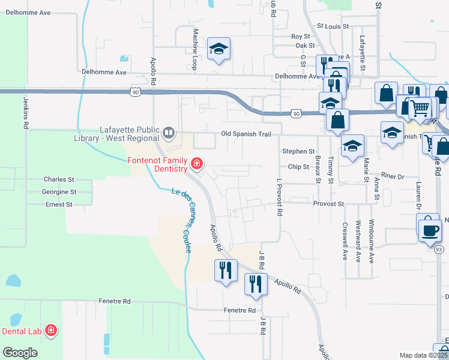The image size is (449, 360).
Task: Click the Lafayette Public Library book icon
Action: click(169, 132)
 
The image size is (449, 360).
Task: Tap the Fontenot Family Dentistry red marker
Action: click(196, 163)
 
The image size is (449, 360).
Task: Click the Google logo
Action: click(20, 353)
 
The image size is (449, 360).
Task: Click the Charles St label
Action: click(58, 179)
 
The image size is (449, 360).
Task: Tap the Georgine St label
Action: click(59, 192)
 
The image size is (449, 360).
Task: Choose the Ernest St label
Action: click(59, 205)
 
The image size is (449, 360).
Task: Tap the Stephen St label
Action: click(298, 152)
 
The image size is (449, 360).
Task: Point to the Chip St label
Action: click(298, 167)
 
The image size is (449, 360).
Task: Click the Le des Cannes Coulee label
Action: click(182, 220)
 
